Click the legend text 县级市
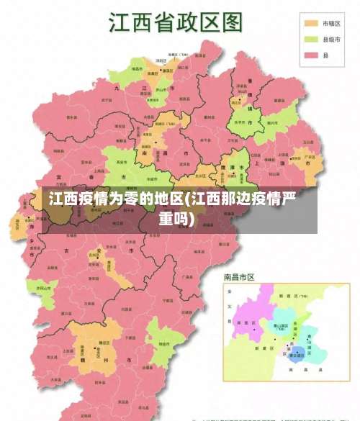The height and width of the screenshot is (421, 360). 331,40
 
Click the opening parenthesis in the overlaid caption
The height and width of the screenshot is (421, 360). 186,199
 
